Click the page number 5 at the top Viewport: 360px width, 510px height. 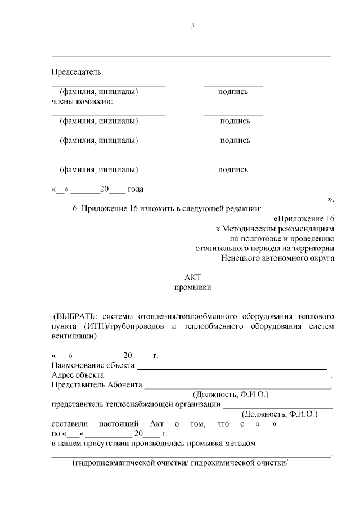point(192,26)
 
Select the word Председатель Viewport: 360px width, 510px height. point(77,72)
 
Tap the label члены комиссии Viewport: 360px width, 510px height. point(82,101)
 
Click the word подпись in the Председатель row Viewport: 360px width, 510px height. point(233,92)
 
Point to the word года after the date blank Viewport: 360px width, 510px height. point(139,190)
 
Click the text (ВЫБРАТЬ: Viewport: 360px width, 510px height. point(74,316)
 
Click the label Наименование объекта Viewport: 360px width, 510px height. point(93,365)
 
